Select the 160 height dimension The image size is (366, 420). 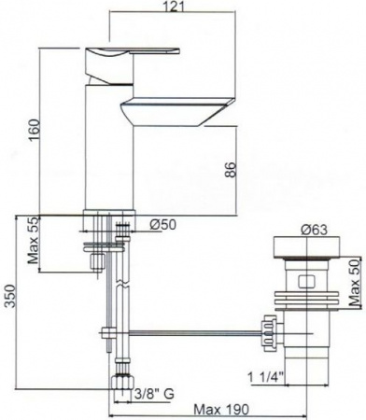(35, 130)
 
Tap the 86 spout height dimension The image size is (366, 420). (231, 170)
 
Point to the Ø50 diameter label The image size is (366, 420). (162, 224)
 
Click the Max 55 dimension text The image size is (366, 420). (33, 241)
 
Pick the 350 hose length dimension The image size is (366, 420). (11, 295)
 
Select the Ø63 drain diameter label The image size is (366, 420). (314, 230)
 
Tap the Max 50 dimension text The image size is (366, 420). (354, 282)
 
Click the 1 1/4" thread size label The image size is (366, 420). (265, 378)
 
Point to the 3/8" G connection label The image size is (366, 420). (154, 394)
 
